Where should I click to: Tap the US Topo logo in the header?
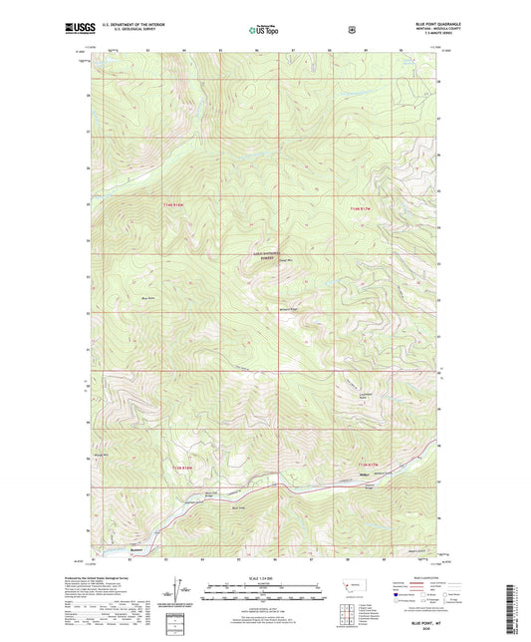264,30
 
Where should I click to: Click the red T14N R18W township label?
172,205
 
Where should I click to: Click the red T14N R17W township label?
360,206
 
